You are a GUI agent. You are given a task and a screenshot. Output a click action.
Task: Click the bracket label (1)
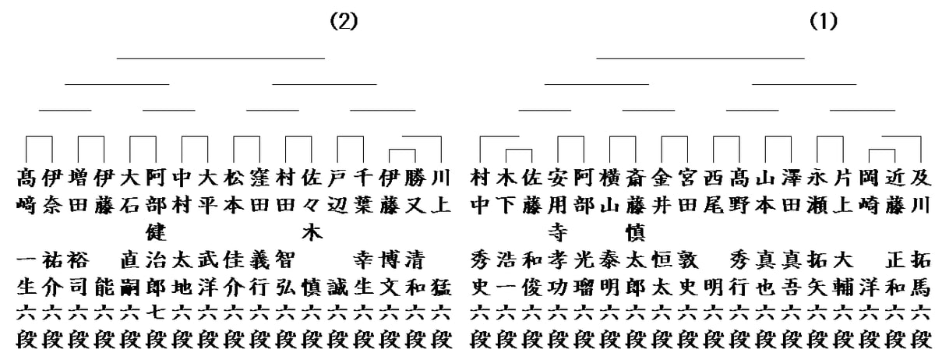pos(823,22)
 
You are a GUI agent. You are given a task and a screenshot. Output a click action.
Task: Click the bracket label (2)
pos(344,22)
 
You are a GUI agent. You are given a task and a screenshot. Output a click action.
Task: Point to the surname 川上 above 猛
pos(440,191)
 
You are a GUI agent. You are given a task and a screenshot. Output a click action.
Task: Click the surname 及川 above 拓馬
pos(921,191)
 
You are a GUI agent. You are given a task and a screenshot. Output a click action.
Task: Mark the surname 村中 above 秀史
pos(480,191)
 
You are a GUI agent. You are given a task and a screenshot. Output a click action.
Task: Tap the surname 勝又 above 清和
pos(415,191)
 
